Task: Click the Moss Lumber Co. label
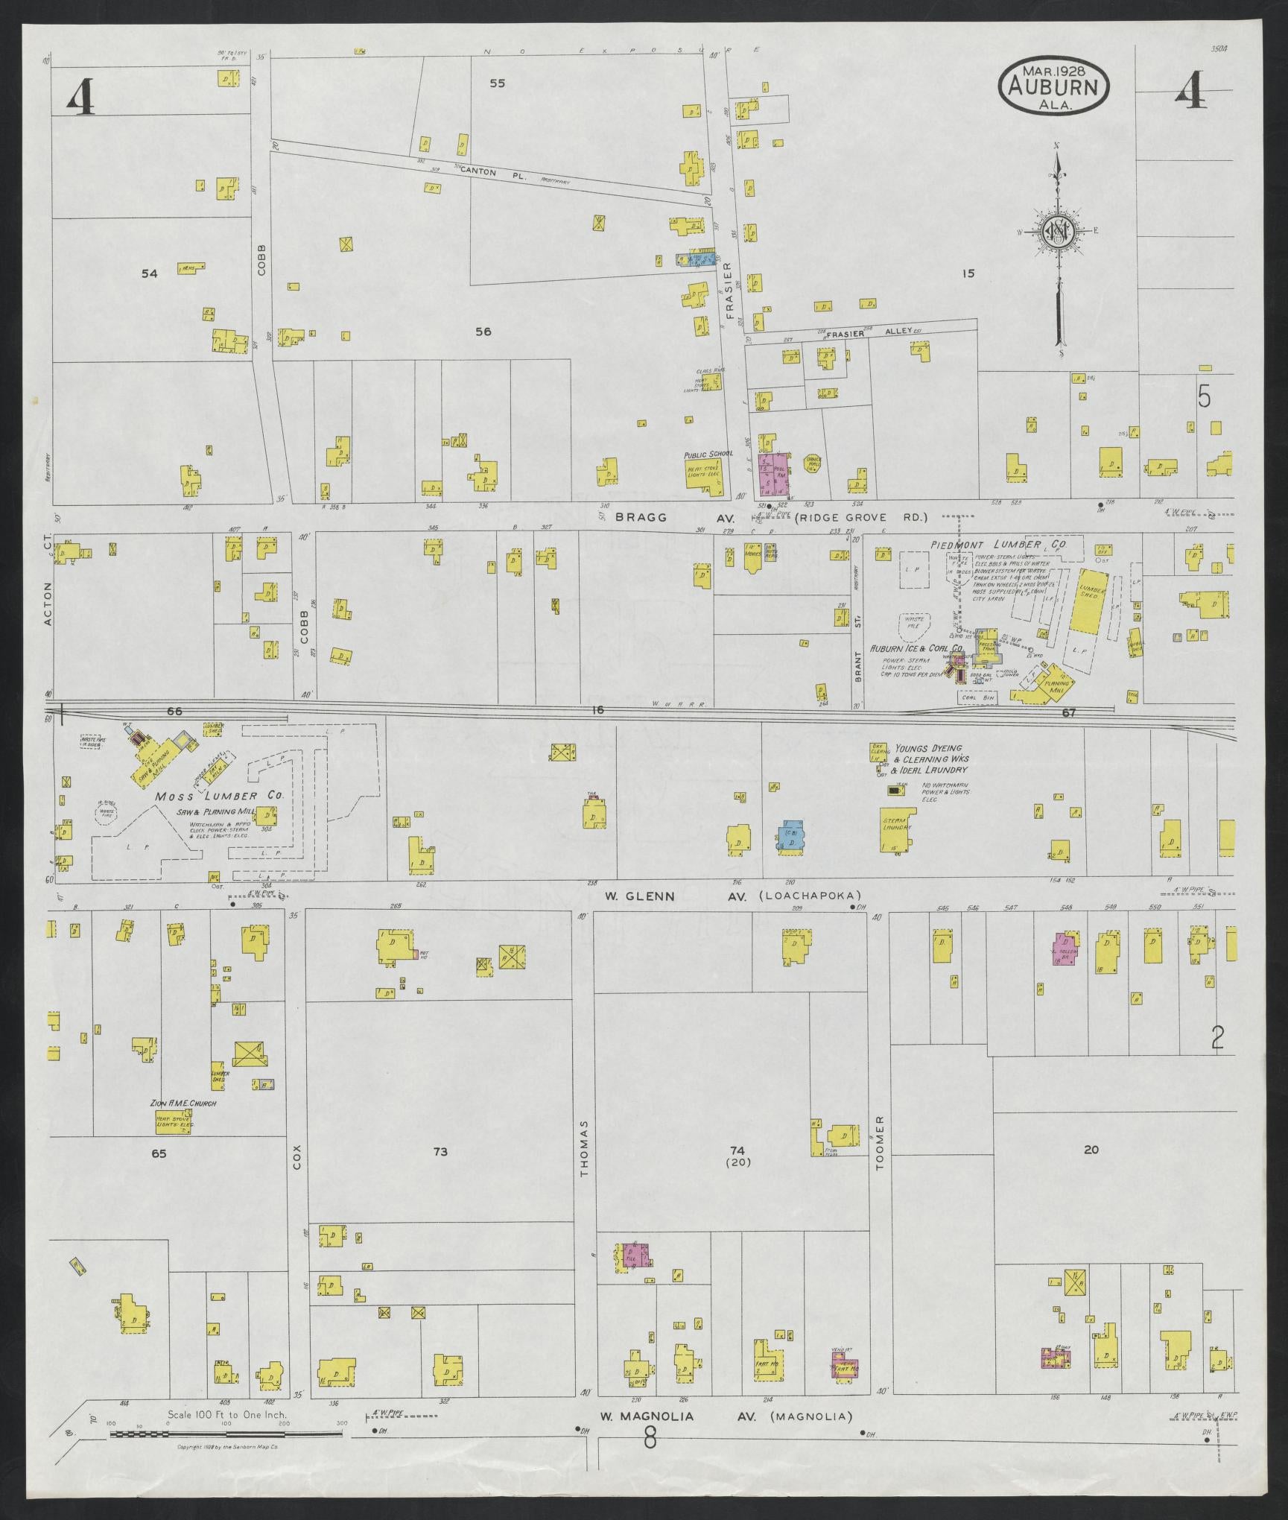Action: point(220,796)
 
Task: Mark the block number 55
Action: point(498,83)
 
